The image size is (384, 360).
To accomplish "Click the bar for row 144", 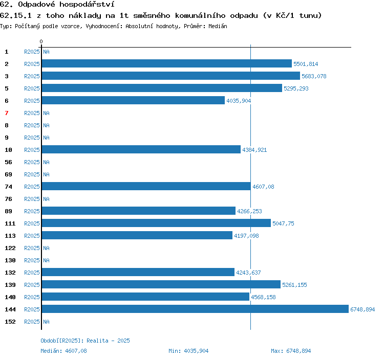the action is point(195,309).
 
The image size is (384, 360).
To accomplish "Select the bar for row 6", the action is point(133,100).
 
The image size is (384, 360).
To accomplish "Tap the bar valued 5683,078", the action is point(171,76).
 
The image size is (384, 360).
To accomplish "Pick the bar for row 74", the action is point(146,186).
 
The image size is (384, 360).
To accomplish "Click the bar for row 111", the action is point(156,223).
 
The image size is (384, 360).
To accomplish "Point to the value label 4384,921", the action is point(254,150).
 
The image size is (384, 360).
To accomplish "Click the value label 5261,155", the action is point(294,285).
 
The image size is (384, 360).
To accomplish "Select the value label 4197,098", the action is point(246,236).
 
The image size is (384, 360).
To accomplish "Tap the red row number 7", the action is point(7,113).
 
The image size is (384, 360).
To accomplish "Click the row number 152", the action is point(10,322).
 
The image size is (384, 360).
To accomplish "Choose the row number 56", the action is point(8,162).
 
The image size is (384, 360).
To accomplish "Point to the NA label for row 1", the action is point(46,52).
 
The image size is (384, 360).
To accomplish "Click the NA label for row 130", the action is point(46,260).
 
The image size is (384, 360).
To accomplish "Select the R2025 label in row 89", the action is point(32,211).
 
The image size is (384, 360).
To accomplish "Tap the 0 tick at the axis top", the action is point(41,41).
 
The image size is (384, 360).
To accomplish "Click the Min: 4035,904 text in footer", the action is point(188,351).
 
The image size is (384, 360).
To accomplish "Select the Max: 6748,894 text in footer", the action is point(291,351).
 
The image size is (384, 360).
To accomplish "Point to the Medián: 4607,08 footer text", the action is point(63,351).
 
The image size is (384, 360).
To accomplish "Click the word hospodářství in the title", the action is point(87,5).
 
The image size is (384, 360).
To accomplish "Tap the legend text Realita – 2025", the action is point(108,341).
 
